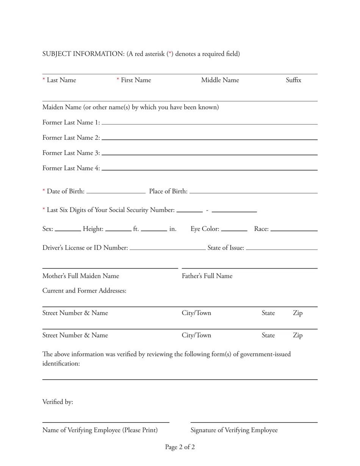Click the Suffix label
[x=293, y=80]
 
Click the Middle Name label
[x=220, y=80]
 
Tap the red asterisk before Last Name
[x=44, y=80]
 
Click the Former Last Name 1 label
[x=71, y=122]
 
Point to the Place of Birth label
[x=168, y=191]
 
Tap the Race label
[x=261, y=229]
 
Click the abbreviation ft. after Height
[x=136, y=229]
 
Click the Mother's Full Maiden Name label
[x=81, y=276]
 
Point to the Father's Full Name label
[x=207, y=276]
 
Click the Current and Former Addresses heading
[x=84, y=291]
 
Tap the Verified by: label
[x=58, y=402]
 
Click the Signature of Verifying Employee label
[x=234, y=430]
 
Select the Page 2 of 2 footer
[x=180, y=447]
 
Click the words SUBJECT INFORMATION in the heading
[x=83, y=54]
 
